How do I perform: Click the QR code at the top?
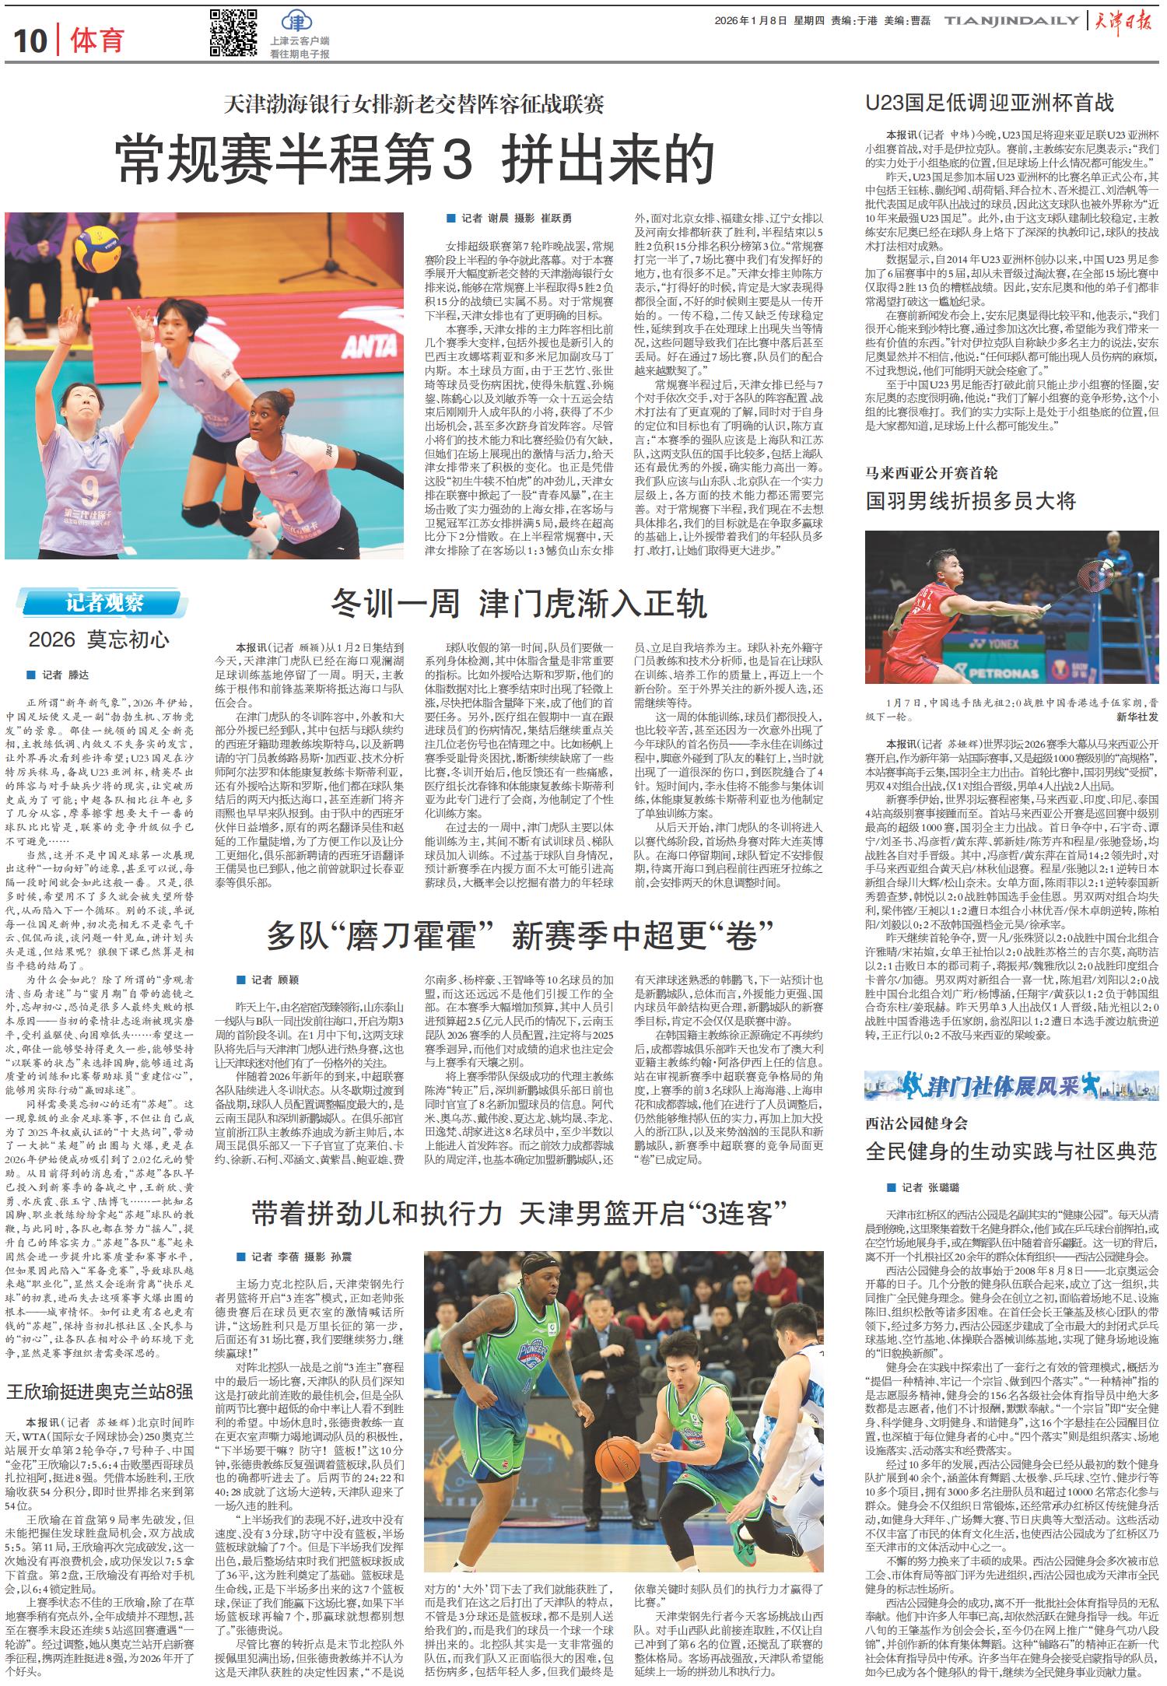[x=233, y=33]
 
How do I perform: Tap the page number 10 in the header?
[x=30, y=41]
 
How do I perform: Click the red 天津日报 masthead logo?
[x=1125, y=22]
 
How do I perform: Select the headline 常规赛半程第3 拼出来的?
[x=415, y=159]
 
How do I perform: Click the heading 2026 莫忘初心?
[x=98, y=640]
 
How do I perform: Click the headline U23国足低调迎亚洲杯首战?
[x=990, y=103]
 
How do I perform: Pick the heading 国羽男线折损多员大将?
[x=970, y=500]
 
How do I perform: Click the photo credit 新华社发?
[x=1137, y=716]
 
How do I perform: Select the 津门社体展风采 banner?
[x=1011, y=1084]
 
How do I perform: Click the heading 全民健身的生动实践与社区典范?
[x=1011, y=1151]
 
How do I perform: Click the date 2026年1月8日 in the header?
[x=750, y=22]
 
